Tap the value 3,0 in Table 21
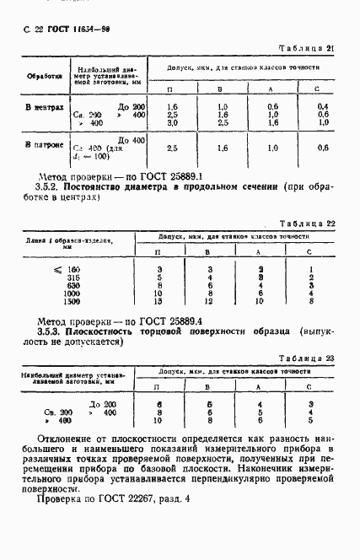(172, 122)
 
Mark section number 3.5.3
(51, 333)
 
